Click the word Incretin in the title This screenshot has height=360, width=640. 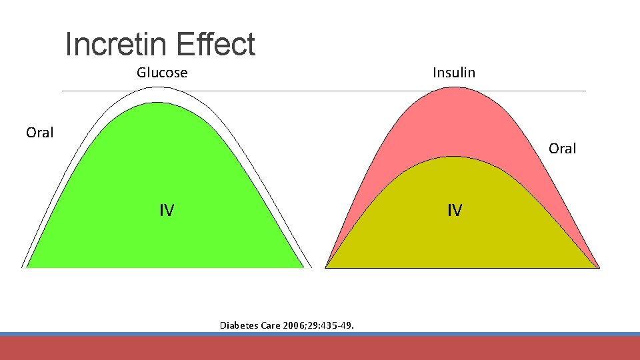coord(111,45)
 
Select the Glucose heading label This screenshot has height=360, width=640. coord(162,73)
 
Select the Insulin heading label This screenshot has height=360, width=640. coord(454,73)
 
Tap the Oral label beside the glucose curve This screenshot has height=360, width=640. coord(39,133)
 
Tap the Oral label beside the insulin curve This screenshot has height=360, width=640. coord(562,149)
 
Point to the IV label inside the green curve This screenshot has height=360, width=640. coord(167,211)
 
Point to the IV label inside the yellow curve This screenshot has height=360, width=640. coord(454,211)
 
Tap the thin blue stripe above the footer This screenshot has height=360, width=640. coord(320,334)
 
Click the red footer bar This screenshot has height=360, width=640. coord(320,348)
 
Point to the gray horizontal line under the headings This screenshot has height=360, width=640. coord(320,91)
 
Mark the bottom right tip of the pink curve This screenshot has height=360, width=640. coord(597,267)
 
